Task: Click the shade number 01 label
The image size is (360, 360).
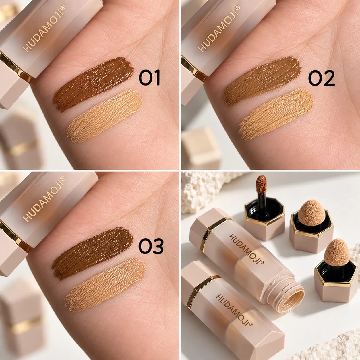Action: click(x=149, y=78)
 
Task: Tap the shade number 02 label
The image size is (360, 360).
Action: click(x=321, y=78)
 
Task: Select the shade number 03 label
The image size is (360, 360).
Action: click(x=151, y=246)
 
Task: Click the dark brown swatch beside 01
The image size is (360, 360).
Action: click(x=93, y=84)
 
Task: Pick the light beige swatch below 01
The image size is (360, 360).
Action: click(x=104, y=116)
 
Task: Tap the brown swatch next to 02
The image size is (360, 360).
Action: click(x=262, y=81)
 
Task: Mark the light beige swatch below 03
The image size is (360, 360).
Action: click(x=105, y=285)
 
